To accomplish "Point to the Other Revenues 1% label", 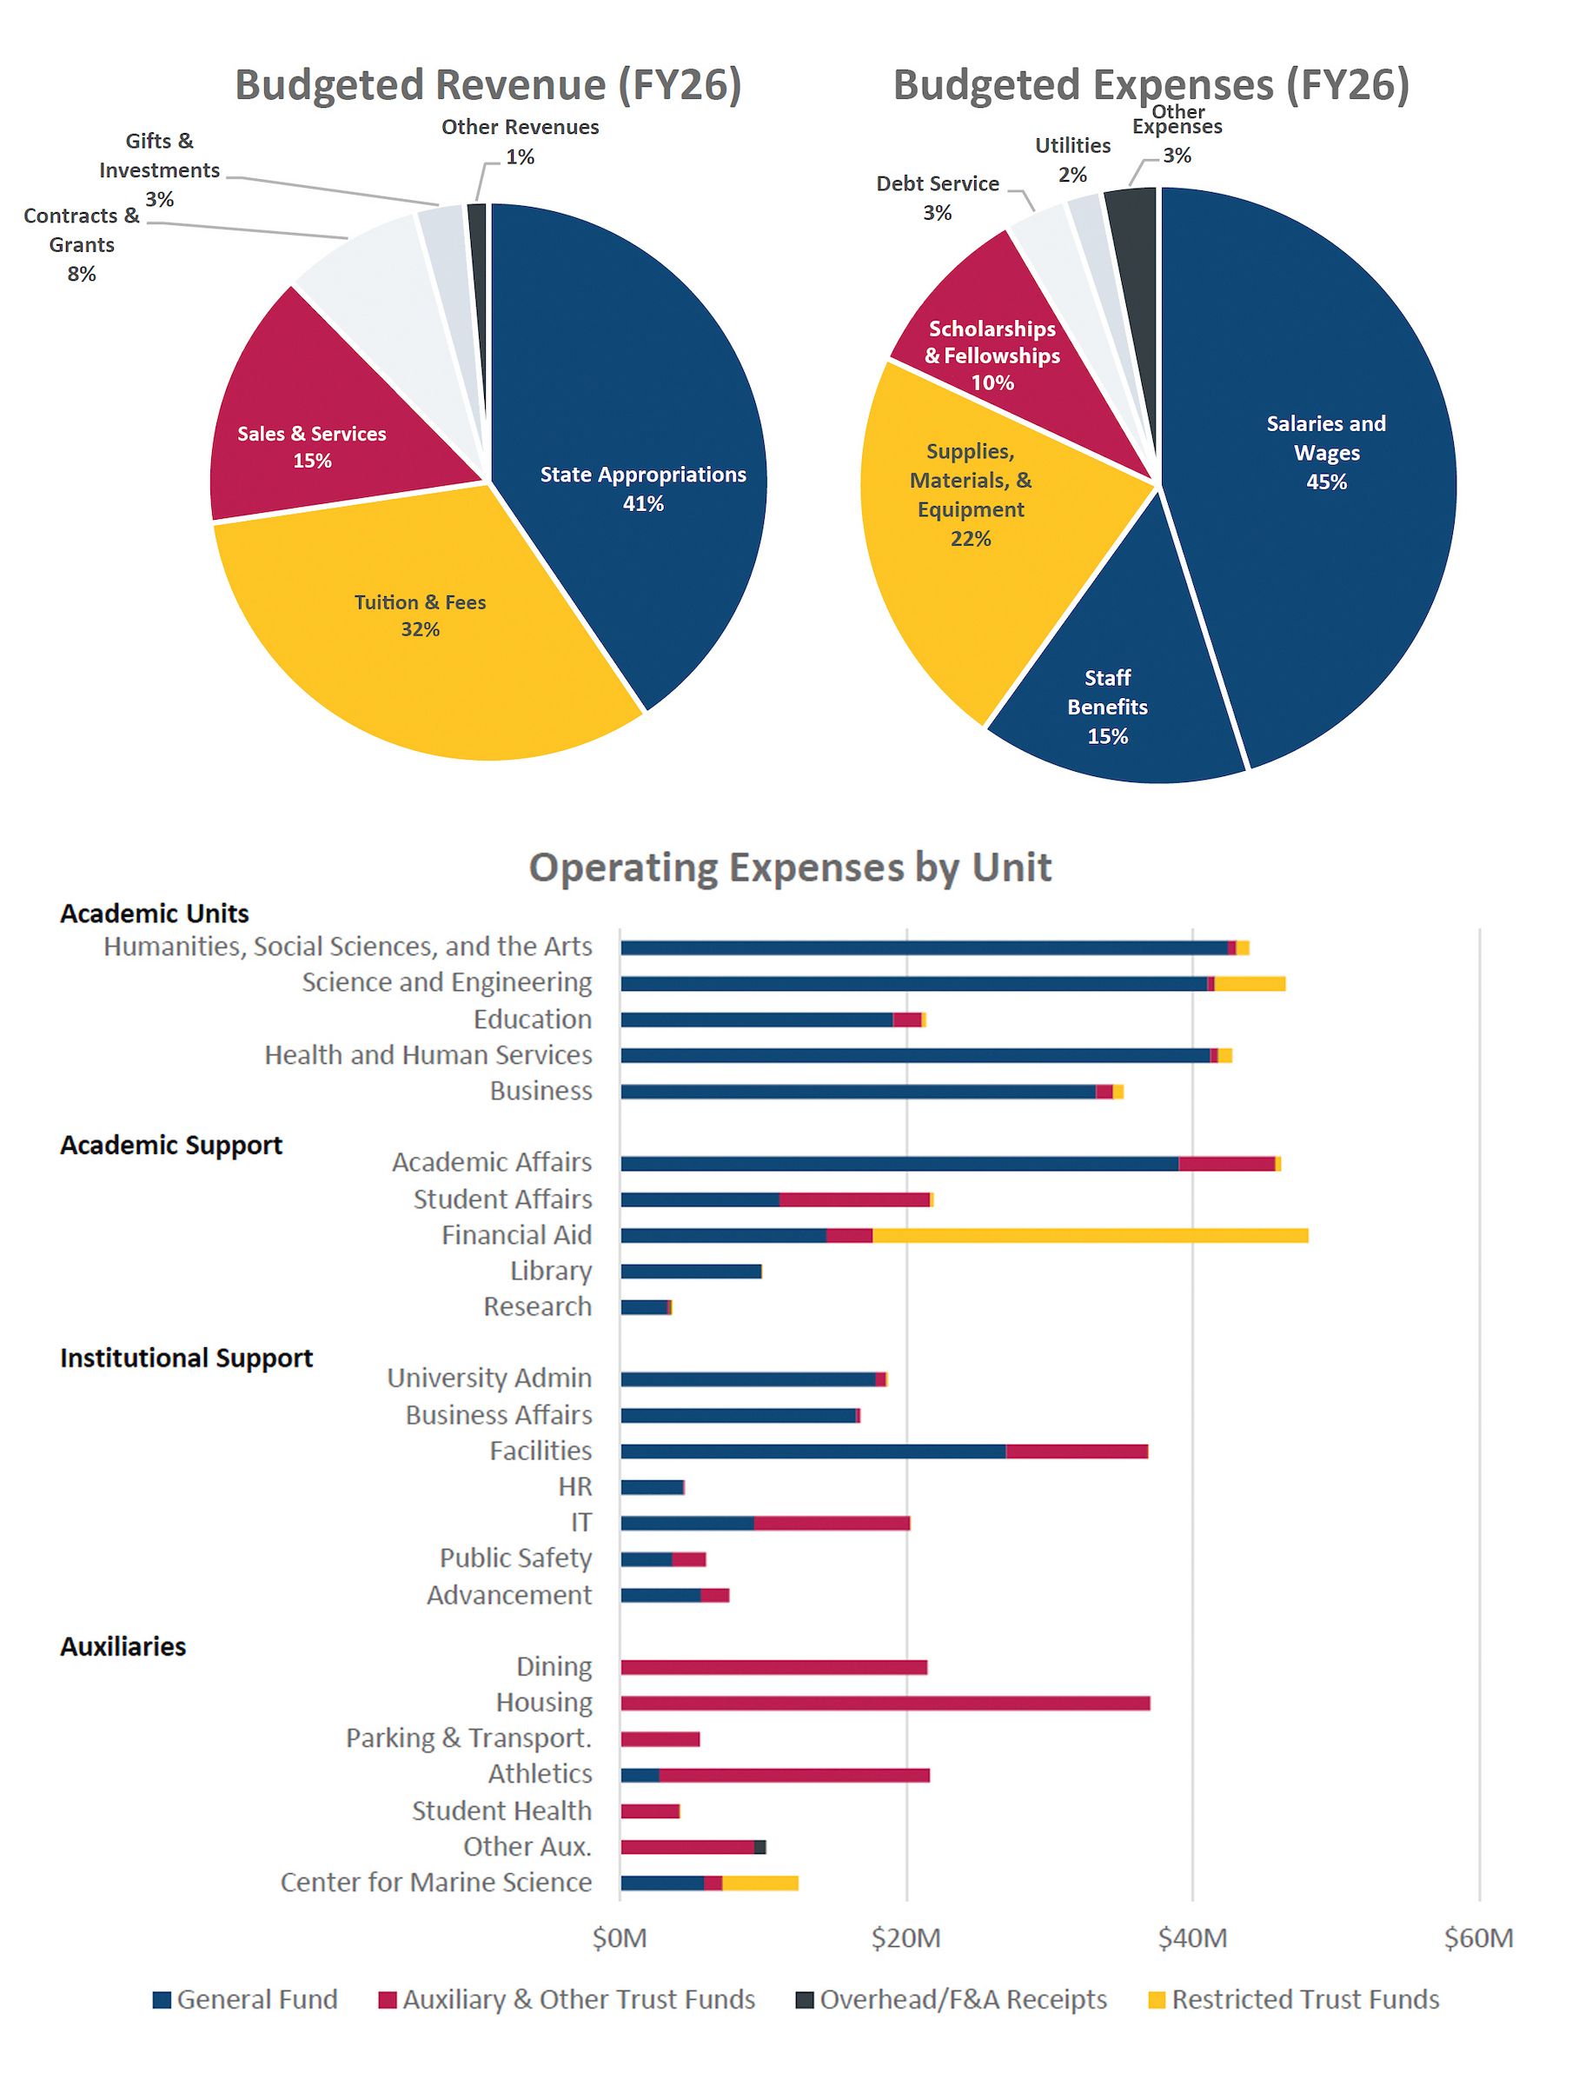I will pyautogui.click(x=521, y=141).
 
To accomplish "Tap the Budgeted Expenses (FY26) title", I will pyautogui.click(x=1151, y=85).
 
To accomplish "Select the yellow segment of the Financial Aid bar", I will pyautogui.click(x=1090, y=1235).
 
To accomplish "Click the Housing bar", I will pyautogui.click(x=886, y=1703).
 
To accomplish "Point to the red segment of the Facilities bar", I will pyautogui.click(x=1077, y=1451).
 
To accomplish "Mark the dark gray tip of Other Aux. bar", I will pyautogui.click(x=760, y=1847).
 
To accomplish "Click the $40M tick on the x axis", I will pyautogui.click(x=1192, y=1939).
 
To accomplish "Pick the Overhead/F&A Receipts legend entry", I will pyautogui.click(x=952, y=2000).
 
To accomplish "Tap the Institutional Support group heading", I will pyautogui.click(x=186, y=1359).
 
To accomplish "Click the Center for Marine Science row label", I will pyautogui.click(x=436, y=1883).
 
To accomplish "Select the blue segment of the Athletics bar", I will pyautogui.click(x=640, y=1775).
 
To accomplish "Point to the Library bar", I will pyautogui.click(x=691, y=1271).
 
